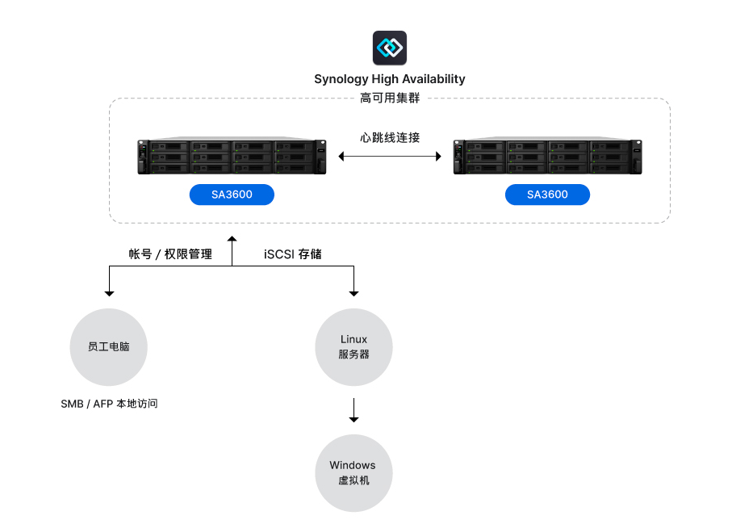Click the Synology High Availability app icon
pos(390,48)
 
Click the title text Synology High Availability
pos(390,79)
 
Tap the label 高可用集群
pos(390,98)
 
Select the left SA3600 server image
pos(232,157)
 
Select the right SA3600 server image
pos(548,157)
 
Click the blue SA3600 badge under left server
pos(232,195)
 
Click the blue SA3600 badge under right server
pos(547,195)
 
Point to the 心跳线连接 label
pos(390,137)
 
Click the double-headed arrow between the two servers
pos(390,156)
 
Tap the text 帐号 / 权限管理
pos(170,254)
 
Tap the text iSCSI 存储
pos(293,254)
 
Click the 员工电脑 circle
pos(109,346)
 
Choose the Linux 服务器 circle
pos(353,347)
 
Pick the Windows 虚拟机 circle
pos(353,473)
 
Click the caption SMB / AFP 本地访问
pos(109,404)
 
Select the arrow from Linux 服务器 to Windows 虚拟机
pos(353,410)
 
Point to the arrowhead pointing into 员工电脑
pos(109,292)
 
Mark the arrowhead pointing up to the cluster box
pos(232,239)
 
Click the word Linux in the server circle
pos(353,340)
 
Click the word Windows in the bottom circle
pos(353,466)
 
